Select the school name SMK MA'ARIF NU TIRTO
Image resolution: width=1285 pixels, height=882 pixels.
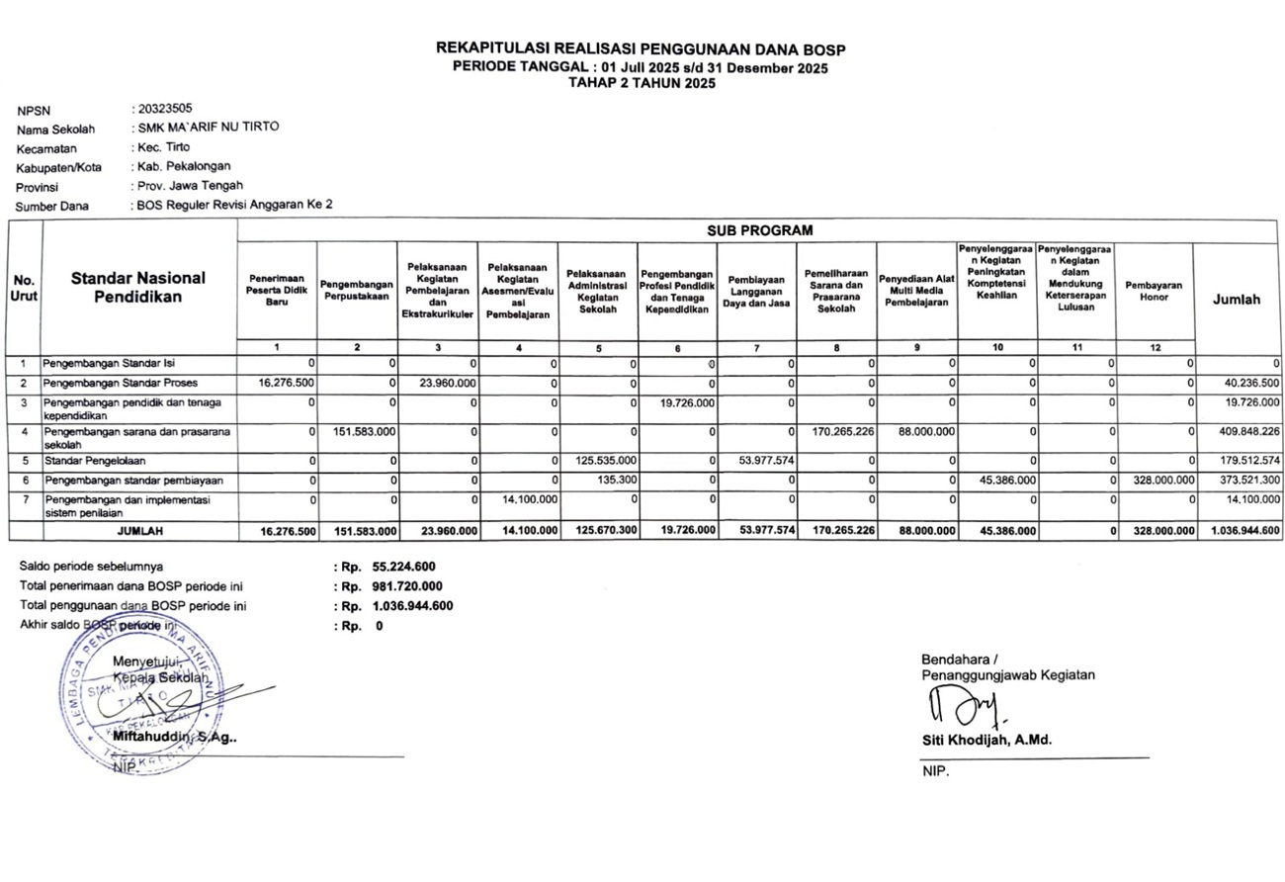[x=208, y=128]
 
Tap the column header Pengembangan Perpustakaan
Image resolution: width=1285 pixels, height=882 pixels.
[x=357, y=291]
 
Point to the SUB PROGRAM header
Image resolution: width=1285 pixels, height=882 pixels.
[x=759, y=230]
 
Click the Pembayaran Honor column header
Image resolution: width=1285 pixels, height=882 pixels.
[x=1154, y=291]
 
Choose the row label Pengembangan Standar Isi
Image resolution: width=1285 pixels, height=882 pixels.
[x=109, y=364]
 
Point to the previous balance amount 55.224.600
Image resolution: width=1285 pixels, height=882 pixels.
[x=403, y=567]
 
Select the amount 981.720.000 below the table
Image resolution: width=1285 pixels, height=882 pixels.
[x=407, y=586]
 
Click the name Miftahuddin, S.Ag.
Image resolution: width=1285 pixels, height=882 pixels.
[x=175, y=737]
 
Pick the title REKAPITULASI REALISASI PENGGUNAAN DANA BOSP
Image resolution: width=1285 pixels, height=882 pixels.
[x=641, y=49]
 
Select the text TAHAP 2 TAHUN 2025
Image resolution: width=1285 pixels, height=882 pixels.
[x=641, y=83]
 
